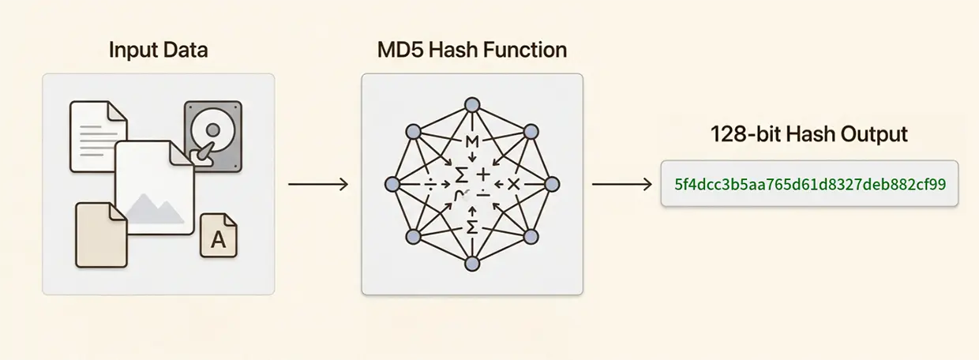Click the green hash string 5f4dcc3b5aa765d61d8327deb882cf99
coord(809,184)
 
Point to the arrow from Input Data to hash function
coord(317,185)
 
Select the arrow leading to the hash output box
coord(621,185)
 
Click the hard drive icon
coord(212,135)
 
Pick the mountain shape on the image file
coord(155,208)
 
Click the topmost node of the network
coord(471,105)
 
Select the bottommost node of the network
coord(471,264)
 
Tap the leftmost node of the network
coord(392,184)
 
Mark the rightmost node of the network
coord(552,184)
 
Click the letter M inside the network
coord(472,142)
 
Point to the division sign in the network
coord(431,184)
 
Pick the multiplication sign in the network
coord(513,184)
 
